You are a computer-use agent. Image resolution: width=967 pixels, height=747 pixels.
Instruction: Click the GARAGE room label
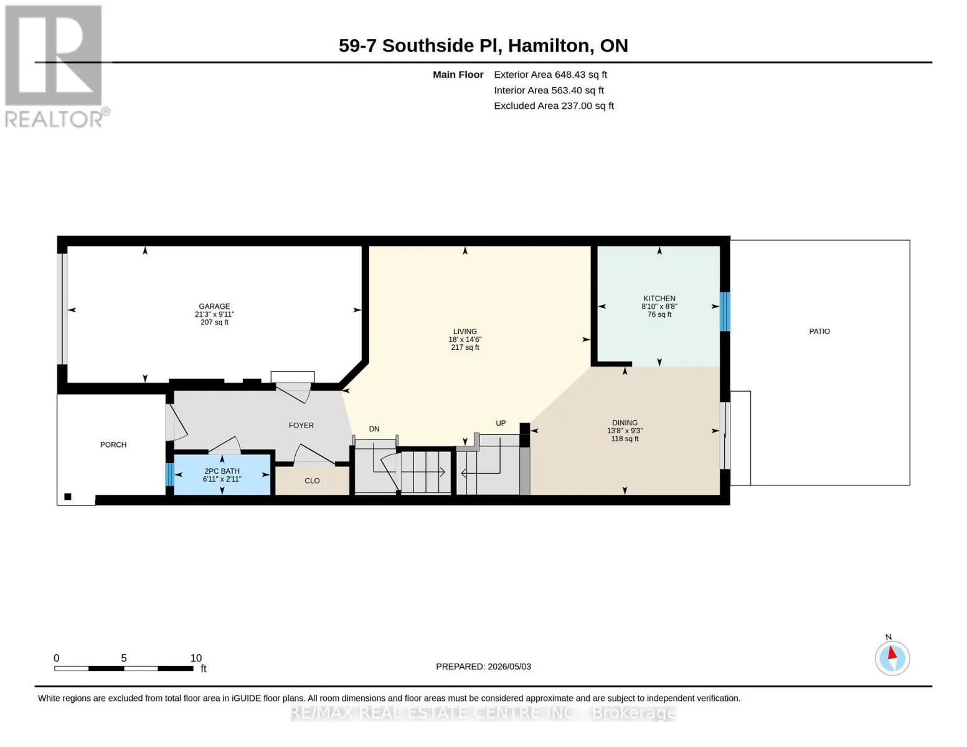click(214, 306)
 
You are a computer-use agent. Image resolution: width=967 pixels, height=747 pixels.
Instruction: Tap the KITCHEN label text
click(659, 298)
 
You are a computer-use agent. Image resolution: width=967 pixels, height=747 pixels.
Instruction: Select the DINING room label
click(625, 422)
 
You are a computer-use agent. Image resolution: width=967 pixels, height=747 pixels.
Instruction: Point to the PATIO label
click(819, 331)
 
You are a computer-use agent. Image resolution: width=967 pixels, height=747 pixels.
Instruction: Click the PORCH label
click(113, 444)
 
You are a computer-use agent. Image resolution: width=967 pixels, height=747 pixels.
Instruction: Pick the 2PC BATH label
click(222, 471)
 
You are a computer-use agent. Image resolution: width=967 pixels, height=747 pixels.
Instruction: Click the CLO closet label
click(312, 481)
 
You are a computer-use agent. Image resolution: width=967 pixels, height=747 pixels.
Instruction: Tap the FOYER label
click(301, 425)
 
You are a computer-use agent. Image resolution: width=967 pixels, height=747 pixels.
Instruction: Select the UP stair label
click(501, 423)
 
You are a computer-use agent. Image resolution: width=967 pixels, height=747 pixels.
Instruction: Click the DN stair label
click(374, 429)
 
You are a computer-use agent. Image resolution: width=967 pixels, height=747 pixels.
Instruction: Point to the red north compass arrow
click(892, 653)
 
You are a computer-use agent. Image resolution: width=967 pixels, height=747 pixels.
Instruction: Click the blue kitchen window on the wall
click(724, 311)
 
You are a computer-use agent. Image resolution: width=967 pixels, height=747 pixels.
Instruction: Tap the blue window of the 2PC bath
click(169, 475)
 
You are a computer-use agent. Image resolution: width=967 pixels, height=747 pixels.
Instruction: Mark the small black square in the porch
click(68, 497)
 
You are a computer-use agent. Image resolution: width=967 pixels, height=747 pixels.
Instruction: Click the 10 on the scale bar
click(196, 658)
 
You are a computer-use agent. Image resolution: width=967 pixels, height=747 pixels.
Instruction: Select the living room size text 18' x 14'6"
click(465, 339)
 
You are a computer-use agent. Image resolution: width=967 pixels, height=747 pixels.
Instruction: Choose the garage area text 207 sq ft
click(214, 322)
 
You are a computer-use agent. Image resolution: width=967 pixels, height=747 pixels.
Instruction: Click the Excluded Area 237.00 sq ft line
click(554, 106)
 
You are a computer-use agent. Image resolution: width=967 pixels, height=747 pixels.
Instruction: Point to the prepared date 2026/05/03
click(509, 667)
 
